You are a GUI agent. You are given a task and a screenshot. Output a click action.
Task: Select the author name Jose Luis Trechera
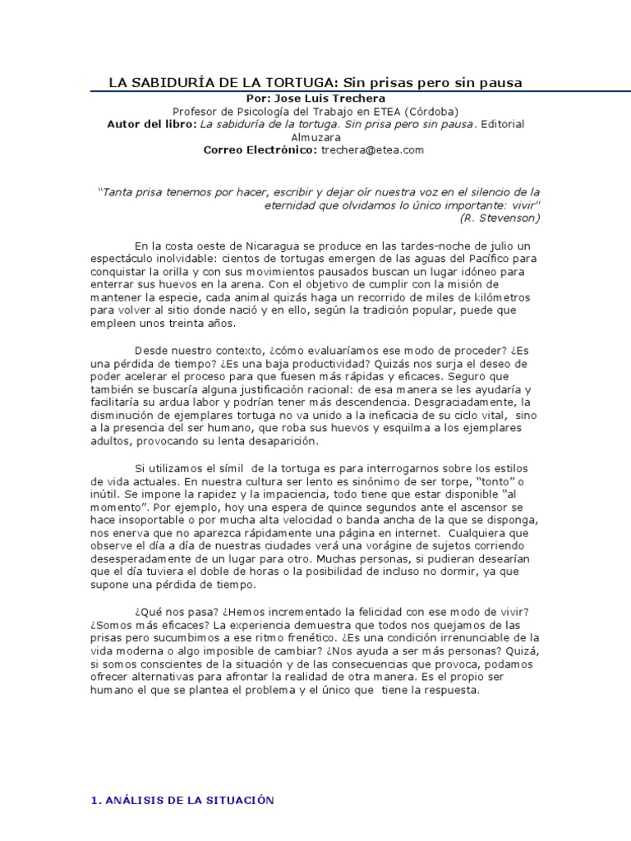click(327, 98)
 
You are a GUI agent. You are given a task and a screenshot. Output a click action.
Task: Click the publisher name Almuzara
click(315, 137)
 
